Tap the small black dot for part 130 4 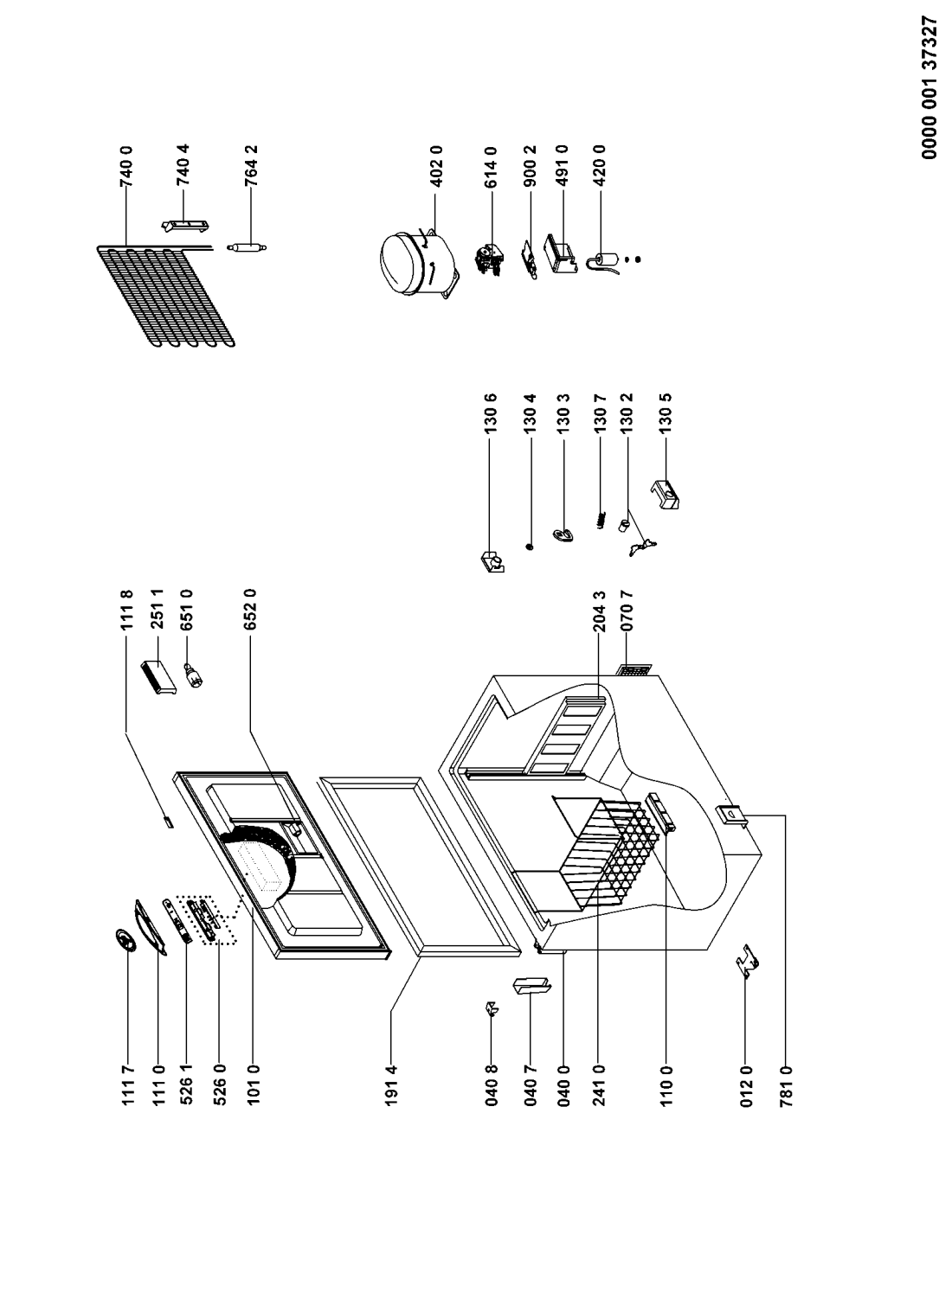pos(530,547)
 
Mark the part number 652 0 pos(252,605)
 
